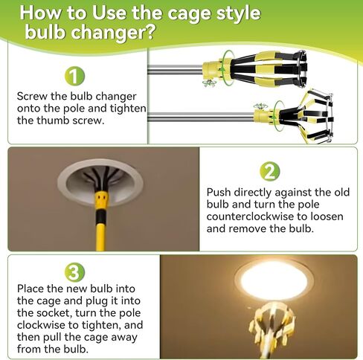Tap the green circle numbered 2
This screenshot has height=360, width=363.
pos(269,173)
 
